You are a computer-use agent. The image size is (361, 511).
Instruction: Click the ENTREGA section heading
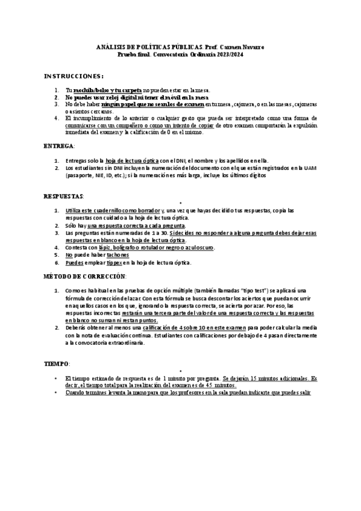pos(60,146)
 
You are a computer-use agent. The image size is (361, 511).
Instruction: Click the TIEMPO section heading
pos(58,365)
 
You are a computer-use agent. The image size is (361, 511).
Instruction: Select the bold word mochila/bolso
pos(92,89)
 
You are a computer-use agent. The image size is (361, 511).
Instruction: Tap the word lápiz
pos(107,248)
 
